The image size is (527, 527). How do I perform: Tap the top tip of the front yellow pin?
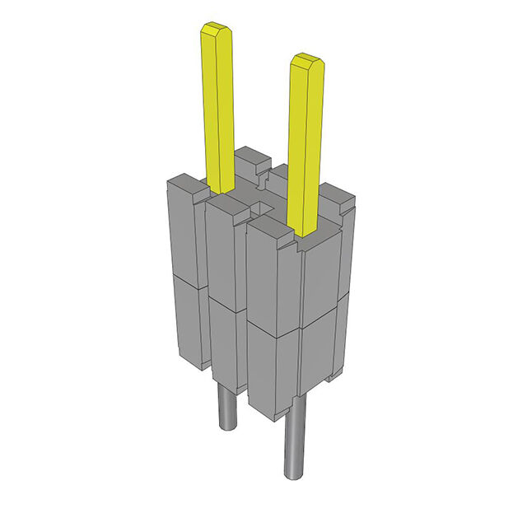click(x=305, y=61)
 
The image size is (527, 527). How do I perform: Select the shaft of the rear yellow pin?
click(x=218, y=107)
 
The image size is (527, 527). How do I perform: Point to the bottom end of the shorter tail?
click(x=225, y=427)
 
